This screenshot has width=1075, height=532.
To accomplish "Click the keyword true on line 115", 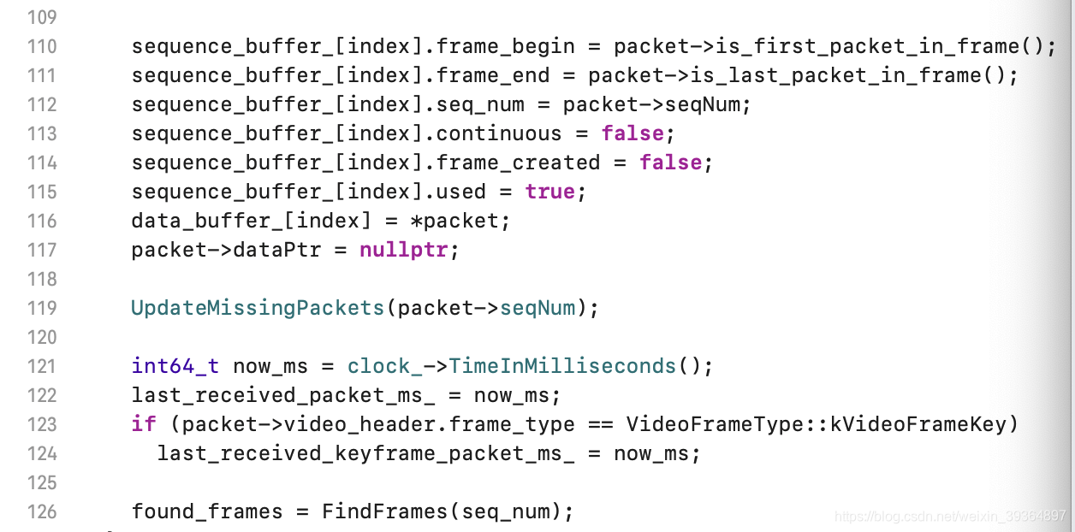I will point(549,192).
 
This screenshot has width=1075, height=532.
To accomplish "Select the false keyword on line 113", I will point(632,133).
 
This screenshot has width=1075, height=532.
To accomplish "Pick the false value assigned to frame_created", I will point(670,163).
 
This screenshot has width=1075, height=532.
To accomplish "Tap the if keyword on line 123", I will point(144,424).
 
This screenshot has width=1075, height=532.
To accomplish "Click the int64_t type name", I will point(175,366).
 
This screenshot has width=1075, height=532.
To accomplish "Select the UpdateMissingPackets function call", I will point(258,308).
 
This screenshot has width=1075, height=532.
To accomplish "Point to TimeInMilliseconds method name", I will point(562,366).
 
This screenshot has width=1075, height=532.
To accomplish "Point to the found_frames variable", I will point(206,511).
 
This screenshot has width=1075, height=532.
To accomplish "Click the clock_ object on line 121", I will point(384,366).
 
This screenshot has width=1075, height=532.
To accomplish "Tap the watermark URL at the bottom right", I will point(950,516).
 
